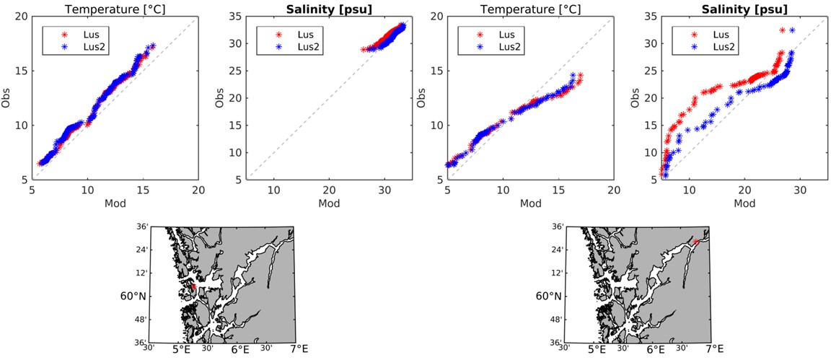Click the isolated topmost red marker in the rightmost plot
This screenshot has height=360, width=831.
pos(783,30)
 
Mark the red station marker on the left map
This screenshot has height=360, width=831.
pos(193,287)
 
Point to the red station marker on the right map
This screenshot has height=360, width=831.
pos(697,242)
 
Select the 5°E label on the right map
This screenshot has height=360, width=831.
pos(597,350)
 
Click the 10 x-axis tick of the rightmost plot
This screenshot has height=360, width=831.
pos(690,190)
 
